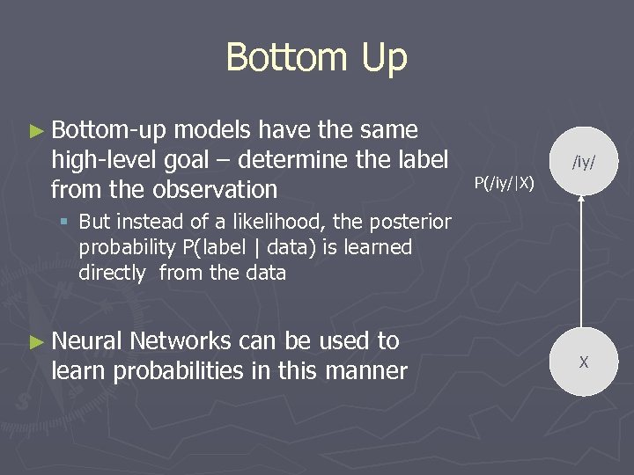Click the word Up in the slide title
point(381,58)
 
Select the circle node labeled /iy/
point(582,160)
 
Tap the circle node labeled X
point(582,362)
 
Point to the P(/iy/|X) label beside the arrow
point(505,183)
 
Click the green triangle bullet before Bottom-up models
point(35,131)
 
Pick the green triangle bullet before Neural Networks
point(35,341)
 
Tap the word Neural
point(89,341)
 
